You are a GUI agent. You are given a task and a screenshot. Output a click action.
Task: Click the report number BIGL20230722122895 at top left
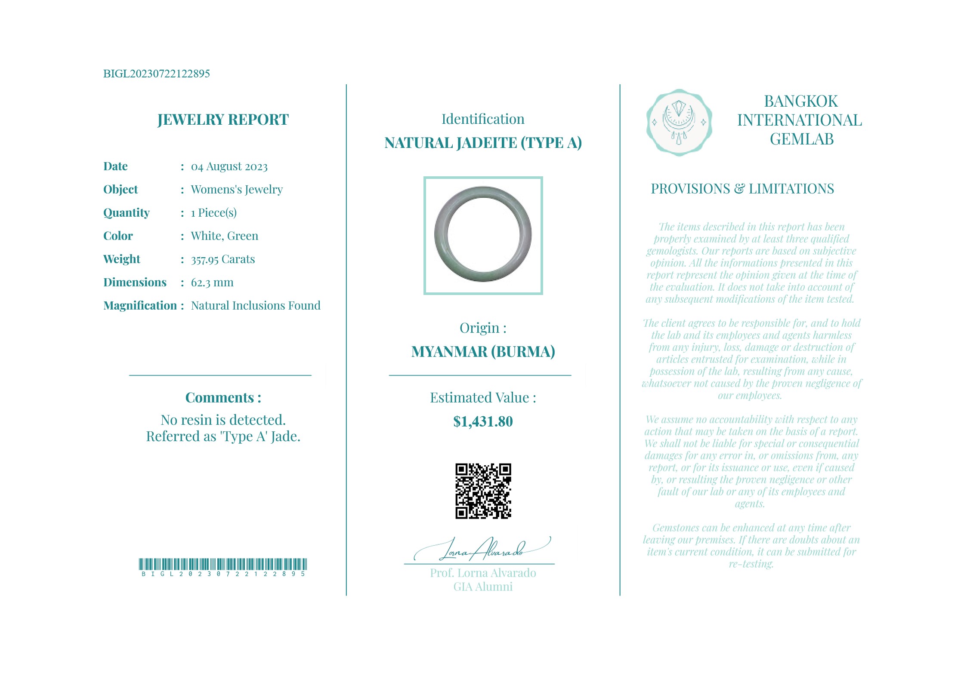click(x=156, y=74)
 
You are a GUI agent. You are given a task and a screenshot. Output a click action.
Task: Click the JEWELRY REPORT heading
click(x=223, y=120)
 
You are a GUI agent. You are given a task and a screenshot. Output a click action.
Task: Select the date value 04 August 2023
click(x=229, y=166)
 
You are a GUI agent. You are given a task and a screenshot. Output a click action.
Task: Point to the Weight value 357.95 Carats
click(x=222, y=259)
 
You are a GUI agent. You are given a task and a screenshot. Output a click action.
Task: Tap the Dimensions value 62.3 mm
click(x=212, y=283)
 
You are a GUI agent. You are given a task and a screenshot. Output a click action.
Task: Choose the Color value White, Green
click(x=224, y=236)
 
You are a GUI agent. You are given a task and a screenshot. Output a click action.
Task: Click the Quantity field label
click(x=126, y=213)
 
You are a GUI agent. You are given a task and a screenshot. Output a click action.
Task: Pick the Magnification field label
click(x=140, y=306)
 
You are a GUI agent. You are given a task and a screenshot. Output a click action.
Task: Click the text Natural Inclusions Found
click(x=256, y=306)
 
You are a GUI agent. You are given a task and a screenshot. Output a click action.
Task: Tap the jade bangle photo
click(x=483, y=235)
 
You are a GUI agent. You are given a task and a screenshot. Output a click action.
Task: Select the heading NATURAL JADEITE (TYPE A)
click(x=483, y=143)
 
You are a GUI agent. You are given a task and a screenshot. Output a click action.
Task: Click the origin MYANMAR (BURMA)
click(x=483, y=352)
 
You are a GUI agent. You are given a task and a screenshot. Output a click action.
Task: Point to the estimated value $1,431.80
click(x=483, y=421)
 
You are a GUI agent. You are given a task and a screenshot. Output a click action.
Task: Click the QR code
click(x=483, y=491)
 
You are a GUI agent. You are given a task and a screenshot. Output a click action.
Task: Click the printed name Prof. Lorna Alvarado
click(x=483, y=573)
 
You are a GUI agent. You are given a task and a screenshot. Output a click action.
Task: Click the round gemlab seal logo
click(x=679, y=123)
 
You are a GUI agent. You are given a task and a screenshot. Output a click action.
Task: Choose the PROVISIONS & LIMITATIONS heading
click(x=742, y=189)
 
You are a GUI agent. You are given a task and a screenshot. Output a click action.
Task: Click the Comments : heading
click(x=223, y=398)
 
